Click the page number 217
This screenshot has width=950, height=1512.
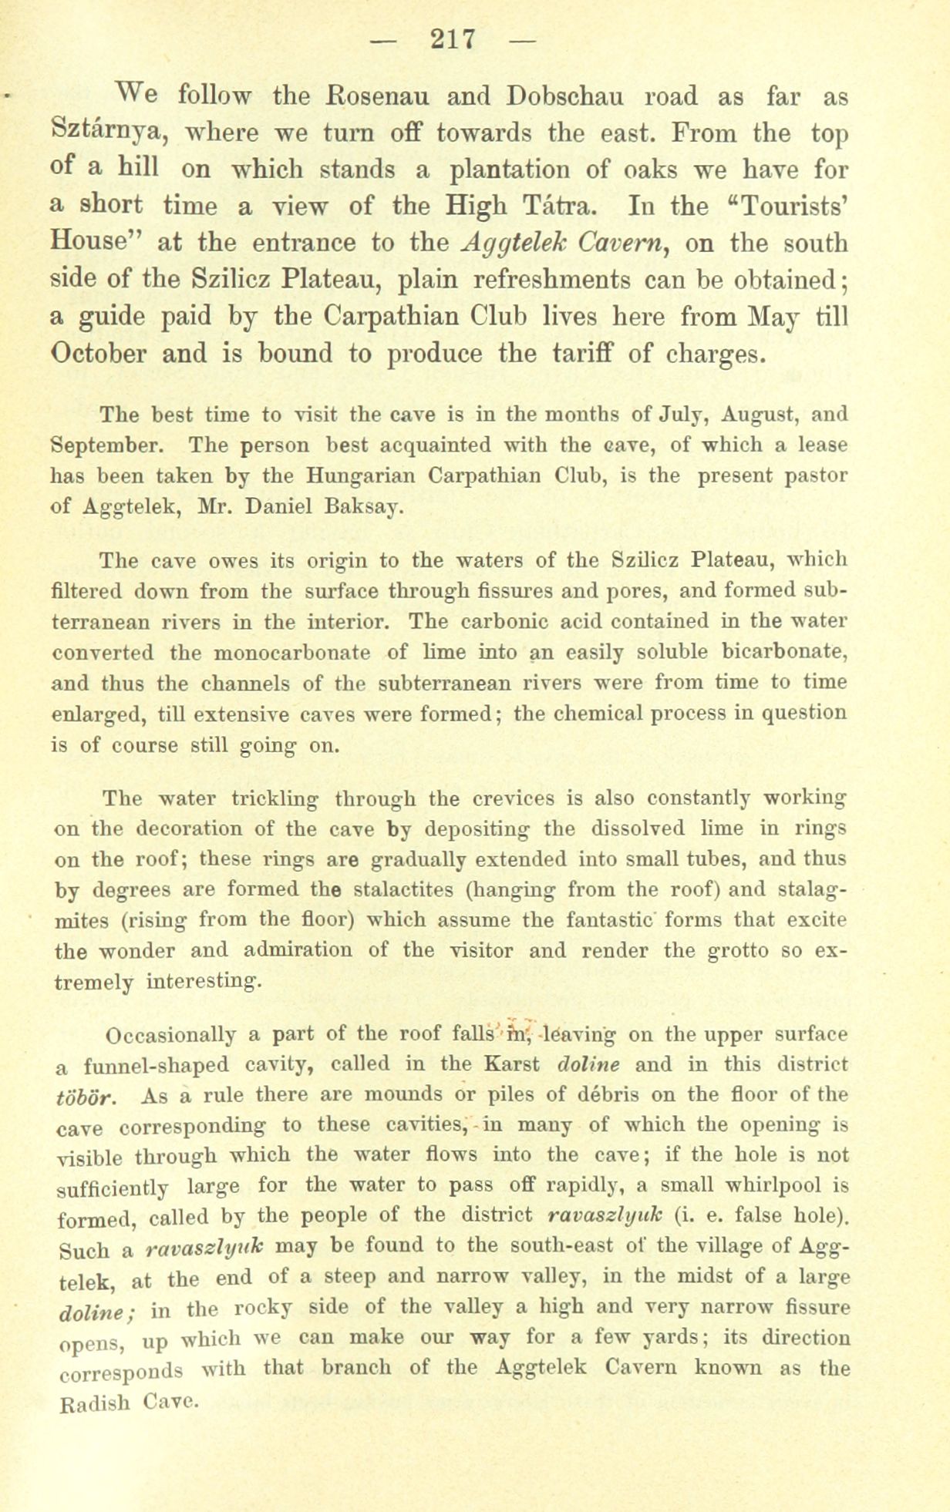click(454, 38)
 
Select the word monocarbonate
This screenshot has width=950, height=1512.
click(296, 652)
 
